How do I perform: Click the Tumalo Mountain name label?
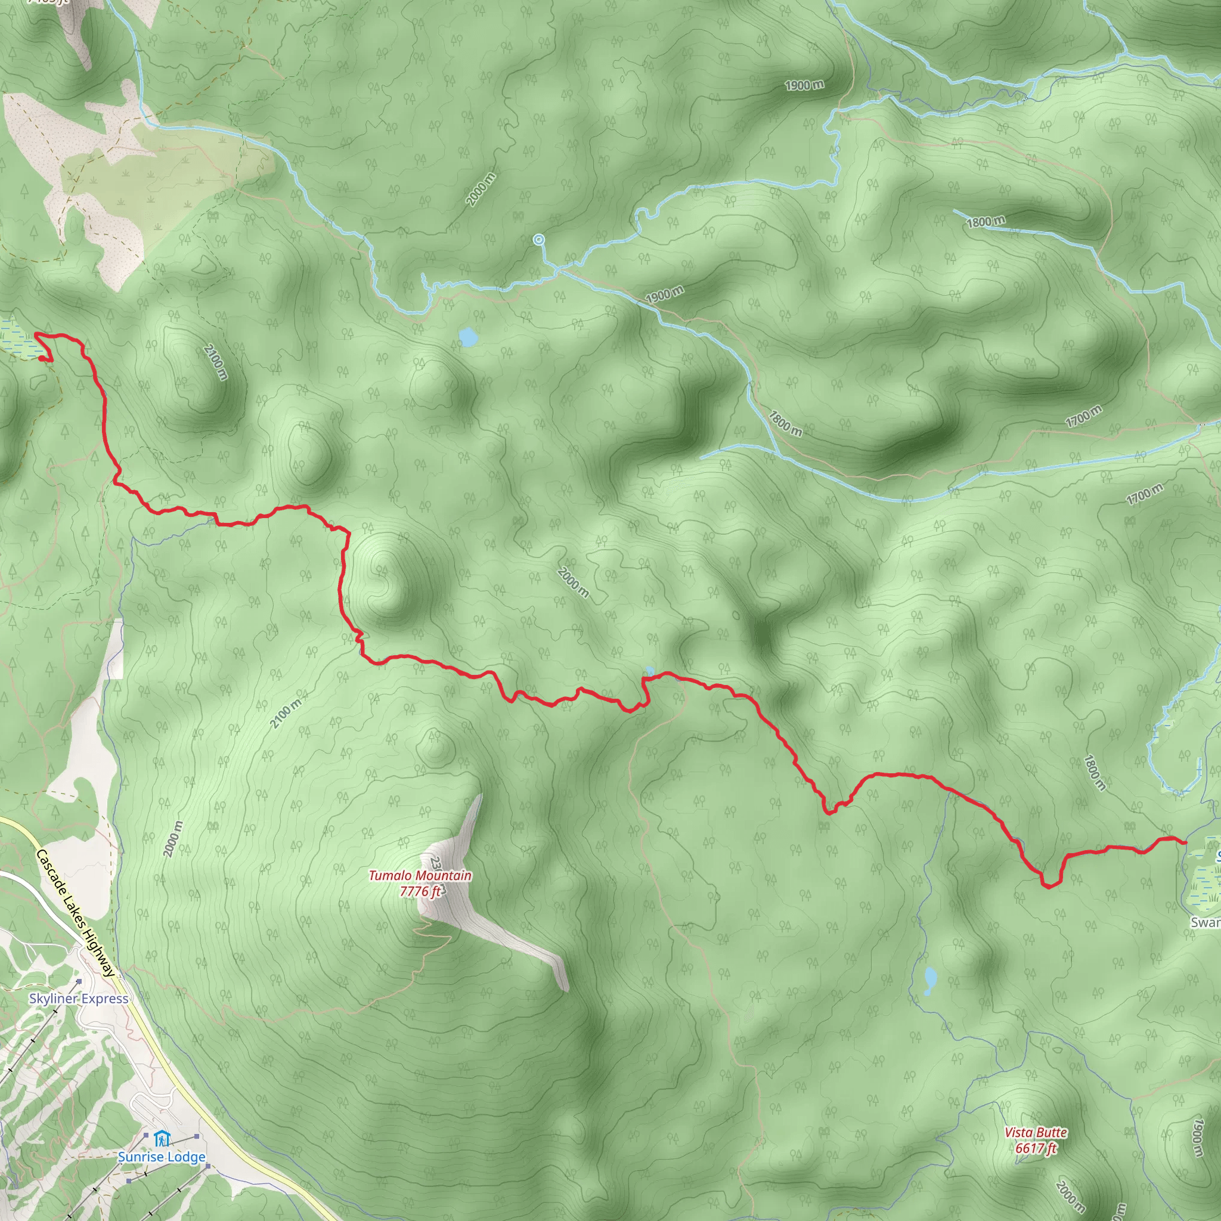click(420, 875)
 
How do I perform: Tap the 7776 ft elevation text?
click(420, 891)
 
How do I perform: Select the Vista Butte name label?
click(1036, 1133)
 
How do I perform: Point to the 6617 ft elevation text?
click(1036, 1148)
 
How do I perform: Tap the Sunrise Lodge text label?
click(162, 1157)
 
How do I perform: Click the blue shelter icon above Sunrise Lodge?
click(162, 1139)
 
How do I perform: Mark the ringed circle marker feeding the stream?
click(538, 240)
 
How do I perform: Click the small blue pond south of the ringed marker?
click(467, 337)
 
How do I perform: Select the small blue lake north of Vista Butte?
click(930, 980)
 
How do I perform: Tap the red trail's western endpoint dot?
click(42, 358)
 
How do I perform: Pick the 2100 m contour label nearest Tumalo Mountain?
click(286, 714)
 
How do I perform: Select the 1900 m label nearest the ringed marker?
click(664, 294)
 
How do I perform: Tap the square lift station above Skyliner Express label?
click(79, 981)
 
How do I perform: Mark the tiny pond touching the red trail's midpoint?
click(649, 671)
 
